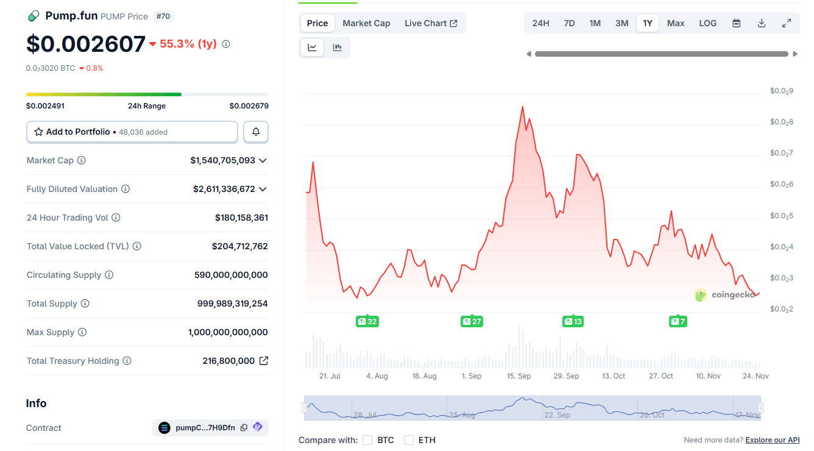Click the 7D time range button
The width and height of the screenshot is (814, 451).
point(569,23)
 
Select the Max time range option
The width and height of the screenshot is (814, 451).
point(676,23)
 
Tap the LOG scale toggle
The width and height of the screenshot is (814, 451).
point(707,23)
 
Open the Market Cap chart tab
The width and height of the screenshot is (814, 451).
point(366,23)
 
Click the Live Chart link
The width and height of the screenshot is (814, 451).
point(431,23)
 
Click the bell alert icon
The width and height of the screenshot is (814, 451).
point(256,132)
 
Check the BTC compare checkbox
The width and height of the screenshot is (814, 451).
point(367,440)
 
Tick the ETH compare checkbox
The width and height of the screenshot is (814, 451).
point(409,440)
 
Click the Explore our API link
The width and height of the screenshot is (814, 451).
point(772,440)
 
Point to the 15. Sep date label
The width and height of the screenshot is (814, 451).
point(519,376)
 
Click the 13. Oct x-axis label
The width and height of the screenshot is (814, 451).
point(614,376)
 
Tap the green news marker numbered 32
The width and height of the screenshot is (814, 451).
point(367,321)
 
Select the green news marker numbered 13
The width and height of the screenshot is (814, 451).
point(573,321)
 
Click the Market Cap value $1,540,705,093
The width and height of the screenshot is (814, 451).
point(222,160)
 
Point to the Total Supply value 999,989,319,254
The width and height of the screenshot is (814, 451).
point(232,304)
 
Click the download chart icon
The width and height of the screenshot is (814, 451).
point(762,23)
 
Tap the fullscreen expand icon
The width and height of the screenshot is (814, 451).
point(787,23)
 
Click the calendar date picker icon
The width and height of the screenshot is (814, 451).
point(737,23)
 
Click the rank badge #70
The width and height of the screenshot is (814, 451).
point(163,16)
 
